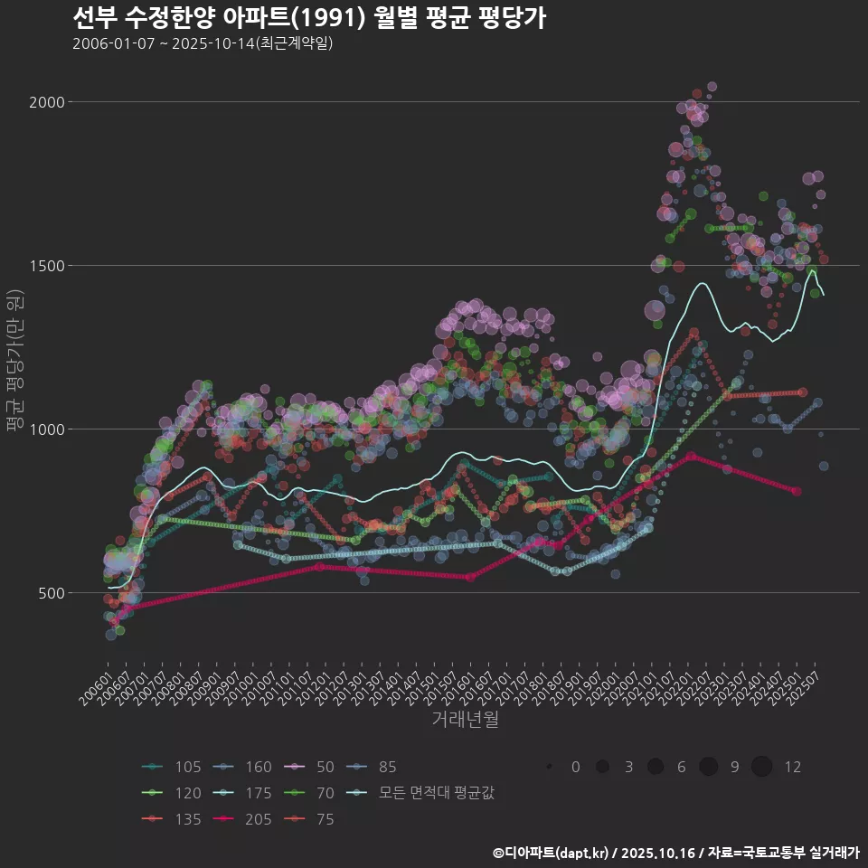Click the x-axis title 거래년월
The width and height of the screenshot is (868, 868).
465,720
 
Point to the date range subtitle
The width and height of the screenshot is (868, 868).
203,43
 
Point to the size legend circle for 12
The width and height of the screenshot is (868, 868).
762,768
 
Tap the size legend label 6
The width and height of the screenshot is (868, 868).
681,768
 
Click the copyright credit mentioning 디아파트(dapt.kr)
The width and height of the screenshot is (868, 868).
675,853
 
